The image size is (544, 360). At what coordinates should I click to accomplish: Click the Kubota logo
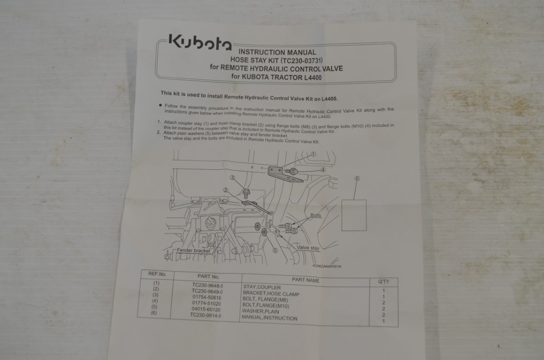click(199, 43)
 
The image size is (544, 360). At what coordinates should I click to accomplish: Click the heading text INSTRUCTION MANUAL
click(277, 52)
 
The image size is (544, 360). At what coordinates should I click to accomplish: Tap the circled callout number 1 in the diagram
click(313, 154)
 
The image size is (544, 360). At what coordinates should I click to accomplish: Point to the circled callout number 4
click(323, 169)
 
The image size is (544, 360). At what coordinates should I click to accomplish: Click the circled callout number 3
click(232, 178)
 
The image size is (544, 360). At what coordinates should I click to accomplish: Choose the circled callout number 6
click(357, 179)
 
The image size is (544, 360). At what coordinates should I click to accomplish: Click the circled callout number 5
click(275, 250)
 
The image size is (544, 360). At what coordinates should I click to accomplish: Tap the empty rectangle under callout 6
click(354, 215)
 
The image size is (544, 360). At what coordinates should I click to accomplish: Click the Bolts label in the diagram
click(316, 216)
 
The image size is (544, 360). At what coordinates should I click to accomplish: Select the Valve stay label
click(308, 247)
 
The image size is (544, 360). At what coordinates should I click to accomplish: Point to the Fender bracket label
click(193, 251)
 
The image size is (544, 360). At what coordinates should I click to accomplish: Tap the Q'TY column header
click(384, 281)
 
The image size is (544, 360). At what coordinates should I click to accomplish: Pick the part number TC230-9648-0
click(207, 285)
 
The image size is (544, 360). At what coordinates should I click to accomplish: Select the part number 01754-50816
click(206, 297)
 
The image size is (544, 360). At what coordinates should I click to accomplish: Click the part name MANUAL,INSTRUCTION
click(269, 318)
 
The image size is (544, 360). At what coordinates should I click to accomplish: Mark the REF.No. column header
click(157, 274)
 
